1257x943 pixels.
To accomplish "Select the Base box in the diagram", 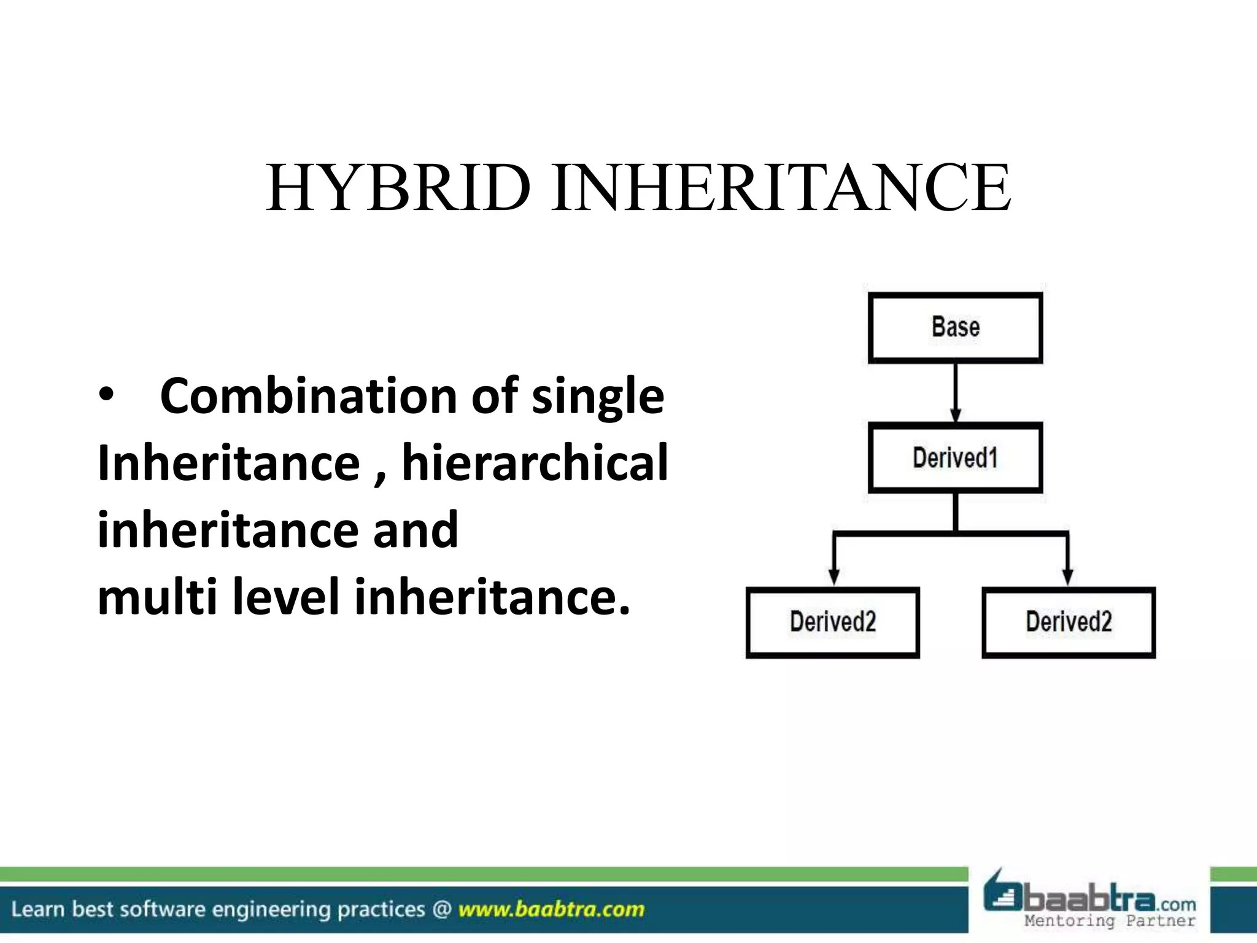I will (955, 328).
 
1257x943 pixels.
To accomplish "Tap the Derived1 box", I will (955, 458).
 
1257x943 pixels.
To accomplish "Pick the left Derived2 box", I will (832, 623).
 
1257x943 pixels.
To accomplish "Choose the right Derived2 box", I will (1069, 623).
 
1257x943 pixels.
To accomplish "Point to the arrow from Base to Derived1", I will (955, 393).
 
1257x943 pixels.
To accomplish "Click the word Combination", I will (309, 397).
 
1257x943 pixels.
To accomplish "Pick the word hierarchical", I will (535, 463).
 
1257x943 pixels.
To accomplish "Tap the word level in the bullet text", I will (286, 597).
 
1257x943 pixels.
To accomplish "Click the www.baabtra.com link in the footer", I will (551, 909).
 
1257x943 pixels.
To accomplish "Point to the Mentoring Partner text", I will (1110, 921).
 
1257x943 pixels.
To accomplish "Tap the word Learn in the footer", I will (38, 909).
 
